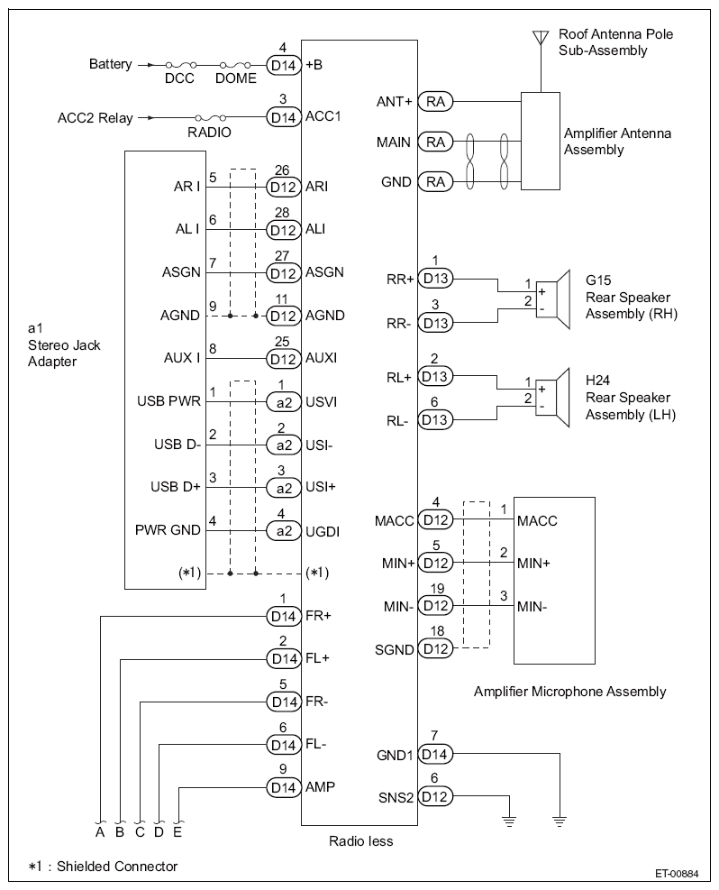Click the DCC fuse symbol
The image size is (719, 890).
pyautogui.click(x=181, y=65)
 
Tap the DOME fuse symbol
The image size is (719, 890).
pyautogui.click(x=235, y=65)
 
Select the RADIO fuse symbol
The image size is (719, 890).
pyautogui.click(x=210, y=117)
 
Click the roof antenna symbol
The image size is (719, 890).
pyautogui.click(x=541, y=38)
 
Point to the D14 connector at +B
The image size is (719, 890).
pyautogui.click(x=284, y=65)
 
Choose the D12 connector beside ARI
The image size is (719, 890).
pyautogui.click(x=284, y=187)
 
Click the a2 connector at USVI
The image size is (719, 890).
pyautogui.click(x=284, y=402)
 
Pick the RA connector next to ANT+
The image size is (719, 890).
pyautogui.click(x=435, y=102)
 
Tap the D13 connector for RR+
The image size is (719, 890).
pyautogui.click(x=435, y=278)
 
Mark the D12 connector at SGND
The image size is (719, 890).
pyautogui.click(x=435, y=648)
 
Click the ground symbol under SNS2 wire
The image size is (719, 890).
pyautogui.click(x=509, y=821)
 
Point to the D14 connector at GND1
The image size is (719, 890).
pyautogui.click(x=435, y=755)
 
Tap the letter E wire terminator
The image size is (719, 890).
pyautogui.click(x=177, y=831)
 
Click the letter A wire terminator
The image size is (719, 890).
pyautogui.click(x=100, y=831)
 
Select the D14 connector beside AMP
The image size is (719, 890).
pyautogui.click(x=284, y=787)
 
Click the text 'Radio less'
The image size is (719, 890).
pyautogui.click(x=360, y=840)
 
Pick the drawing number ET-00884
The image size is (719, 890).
pyautogui.click(x=677, y=874)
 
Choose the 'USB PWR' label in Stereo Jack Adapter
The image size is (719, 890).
pyautogui.click(x=169, y=401)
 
